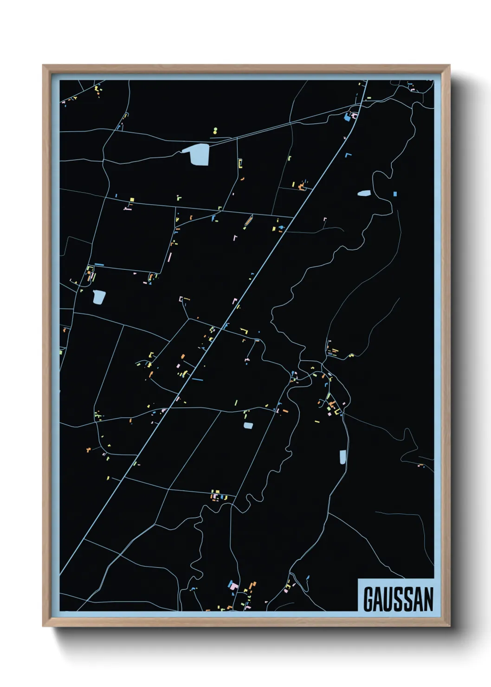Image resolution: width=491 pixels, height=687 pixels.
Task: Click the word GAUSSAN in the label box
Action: click(398, 599)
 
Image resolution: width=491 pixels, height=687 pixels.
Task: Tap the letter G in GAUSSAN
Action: click(368, 599)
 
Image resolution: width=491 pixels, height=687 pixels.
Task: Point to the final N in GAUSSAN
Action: click(428, 599)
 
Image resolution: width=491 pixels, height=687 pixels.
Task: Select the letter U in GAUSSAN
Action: click(388, 599)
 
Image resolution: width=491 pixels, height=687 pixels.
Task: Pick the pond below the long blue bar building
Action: click(99, 297)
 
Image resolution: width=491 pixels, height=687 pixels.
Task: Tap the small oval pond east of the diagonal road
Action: click(364, 193)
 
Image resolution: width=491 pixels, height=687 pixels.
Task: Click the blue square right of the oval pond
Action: click(395, 194)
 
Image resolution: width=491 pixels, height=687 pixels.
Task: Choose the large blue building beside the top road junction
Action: click(347, 118)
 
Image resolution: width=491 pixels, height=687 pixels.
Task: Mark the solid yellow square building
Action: click(132, 200)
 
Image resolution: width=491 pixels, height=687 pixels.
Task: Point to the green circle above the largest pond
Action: click(215, 130)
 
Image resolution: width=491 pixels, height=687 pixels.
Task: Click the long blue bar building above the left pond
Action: click(99, 265)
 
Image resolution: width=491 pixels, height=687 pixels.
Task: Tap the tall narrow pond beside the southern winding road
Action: click(342, 457)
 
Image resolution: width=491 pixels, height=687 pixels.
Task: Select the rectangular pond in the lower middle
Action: click(248, 425)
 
